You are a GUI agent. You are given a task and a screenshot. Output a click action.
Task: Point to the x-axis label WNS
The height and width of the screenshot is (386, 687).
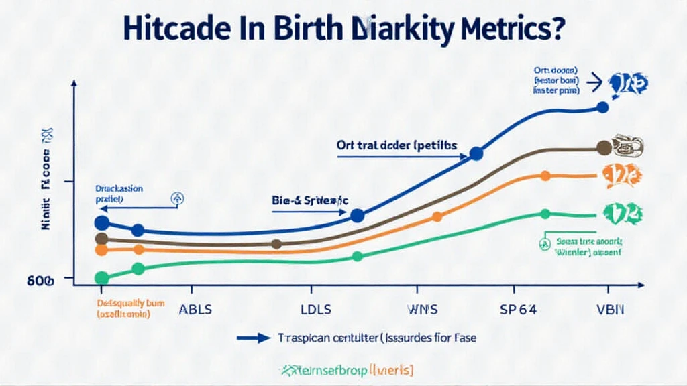423,310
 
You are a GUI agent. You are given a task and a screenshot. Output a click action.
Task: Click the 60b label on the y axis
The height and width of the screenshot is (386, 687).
40,281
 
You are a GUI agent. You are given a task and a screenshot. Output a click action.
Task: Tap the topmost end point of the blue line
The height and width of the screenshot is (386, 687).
602,107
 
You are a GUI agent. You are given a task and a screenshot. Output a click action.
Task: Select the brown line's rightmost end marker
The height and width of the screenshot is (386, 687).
603,147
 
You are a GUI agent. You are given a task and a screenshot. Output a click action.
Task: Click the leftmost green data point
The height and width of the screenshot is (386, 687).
102,278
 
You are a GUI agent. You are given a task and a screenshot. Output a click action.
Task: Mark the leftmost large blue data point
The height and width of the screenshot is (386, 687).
102,223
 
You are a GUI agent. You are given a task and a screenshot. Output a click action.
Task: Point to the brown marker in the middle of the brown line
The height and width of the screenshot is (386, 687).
276,244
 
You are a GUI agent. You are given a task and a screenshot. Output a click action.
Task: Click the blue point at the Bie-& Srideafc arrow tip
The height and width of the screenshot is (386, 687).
358,215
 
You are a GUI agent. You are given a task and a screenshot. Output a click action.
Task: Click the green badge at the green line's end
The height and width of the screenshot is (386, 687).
622,214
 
